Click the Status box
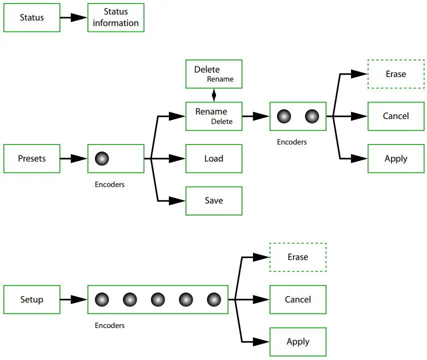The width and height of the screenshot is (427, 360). tap(31, 17)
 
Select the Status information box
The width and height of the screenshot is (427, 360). tap(115, 17)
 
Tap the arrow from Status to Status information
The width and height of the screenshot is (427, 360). tap(73, 17)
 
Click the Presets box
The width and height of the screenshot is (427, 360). tap(31, 158)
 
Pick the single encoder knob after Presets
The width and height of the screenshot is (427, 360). tap(101, 158)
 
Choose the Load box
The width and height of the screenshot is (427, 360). tap(213, 158)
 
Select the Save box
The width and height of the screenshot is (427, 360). tap(213, 200)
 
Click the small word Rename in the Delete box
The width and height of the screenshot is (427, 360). tap(220, 79)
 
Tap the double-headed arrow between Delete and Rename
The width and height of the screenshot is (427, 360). tap(214, 95)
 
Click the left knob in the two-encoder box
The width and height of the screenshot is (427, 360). tap(283, 116)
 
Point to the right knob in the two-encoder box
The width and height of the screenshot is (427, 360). tap(312, 116)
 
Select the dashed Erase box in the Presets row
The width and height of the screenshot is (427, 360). tap(395, 74)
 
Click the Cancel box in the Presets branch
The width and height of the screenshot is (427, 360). tap(395, 116)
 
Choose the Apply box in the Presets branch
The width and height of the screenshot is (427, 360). tap(395, 158)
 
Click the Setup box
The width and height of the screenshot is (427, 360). tap(31, 299)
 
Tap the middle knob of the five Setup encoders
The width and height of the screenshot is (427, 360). tap(157, 299)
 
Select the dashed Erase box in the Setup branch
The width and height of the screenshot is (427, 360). tap(297, 257)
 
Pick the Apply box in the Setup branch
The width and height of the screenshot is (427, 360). tap(297, 341)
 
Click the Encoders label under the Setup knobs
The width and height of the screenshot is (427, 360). tap(109, 325)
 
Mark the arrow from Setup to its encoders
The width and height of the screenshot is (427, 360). tap(73, 299)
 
